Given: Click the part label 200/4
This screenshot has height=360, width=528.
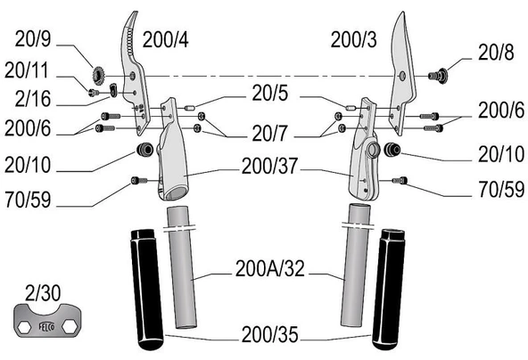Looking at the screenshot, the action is tap(165, 40).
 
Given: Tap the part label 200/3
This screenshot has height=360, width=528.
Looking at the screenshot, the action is tap(353, 40).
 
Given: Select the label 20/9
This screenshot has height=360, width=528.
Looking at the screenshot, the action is tap(33, 38).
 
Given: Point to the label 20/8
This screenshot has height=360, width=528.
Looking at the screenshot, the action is tap(496, 53).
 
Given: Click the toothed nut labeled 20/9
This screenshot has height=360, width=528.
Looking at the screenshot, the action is tap(98, 76).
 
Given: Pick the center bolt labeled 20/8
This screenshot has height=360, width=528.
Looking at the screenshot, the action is tap(438, 76).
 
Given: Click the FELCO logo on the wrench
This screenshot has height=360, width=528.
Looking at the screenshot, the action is tap(46, 326).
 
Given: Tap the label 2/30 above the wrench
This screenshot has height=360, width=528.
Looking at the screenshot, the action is tap(43, 292).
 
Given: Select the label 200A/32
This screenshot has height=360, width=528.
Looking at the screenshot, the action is tap(270, 268).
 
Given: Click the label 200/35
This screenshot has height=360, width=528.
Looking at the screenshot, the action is tap(270, 334).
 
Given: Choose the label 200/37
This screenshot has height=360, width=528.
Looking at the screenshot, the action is tap(270, 167).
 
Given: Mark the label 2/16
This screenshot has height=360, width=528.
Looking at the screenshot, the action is tap(33, 99).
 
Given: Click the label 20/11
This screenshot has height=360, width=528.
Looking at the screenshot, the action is tap(27, 70).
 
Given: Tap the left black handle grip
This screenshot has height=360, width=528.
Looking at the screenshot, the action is tap(146, 290).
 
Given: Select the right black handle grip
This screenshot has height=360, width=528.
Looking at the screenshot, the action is tap(389, 290).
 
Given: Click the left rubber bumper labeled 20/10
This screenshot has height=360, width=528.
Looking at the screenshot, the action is tap(144, 149).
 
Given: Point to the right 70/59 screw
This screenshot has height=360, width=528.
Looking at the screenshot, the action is tap(400, 181).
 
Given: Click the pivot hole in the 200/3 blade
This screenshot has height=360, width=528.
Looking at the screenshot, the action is tap(400, 76).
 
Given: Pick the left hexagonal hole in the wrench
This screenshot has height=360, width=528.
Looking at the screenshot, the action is tap(24, 326).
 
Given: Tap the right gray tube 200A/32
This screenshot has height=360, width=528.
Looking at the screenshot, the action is tap(356, 266).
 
